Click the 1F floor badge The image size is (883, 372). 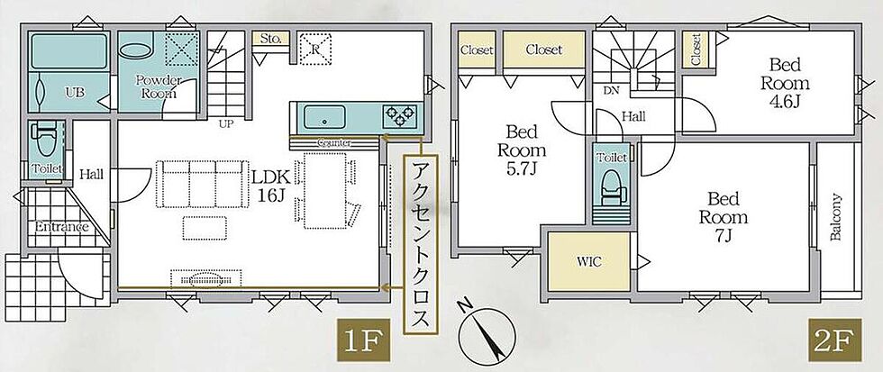point(363,340)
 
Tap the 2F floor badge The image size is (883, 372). point(835,340)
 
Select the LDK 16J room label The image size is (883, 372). point(270,186)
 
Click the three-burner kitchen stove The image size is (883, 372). point(400,117)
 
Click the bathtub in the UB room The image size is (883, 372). point(68,50)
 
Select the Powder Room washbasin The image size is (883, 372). point(136,49)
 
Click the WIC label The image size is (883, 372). point(588,262)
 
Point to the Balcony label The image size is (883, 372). point(836,217)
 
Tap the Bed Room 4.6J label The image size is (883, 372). point(785,83)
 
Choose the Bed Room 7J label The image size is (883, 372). point(724,217)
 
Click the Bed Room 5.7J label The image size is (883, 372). point(522,150)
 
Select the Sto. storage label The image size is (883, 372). point(270,40)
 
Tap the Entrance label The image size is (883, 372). point(62,227)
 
